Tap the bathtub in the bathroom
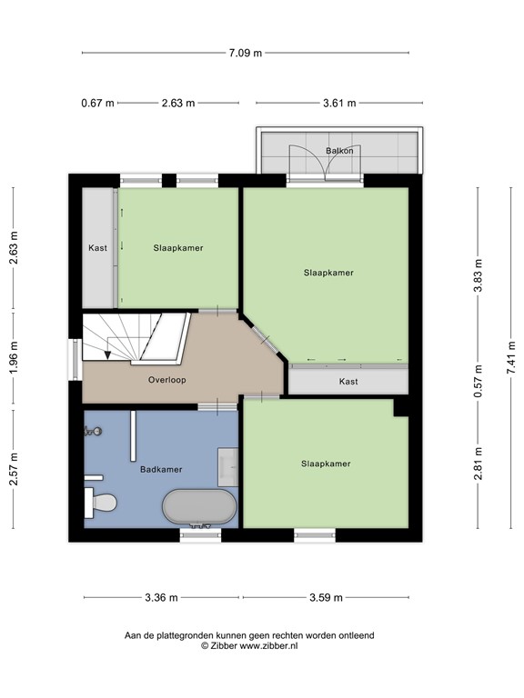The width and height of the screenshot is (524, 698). (199, 507)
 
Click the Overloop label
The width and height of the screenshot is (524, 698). (166, 380)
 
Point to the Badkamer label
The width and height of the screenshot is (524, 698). (161, 470)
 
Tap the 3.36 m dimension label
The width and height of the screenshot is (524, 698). (160, 597)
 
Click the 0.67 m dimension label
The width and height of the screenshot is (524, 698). (97, 103)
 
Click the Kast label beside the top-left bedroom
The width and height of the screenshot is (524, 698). (98, 248)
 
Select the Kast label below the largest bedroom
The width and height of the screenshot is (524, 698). (348, 382)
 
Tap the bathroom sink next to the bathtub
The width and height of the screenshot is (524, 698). (227, 464)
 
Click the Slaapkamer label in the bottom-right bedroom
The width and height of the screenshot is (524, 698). (326, 464)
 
